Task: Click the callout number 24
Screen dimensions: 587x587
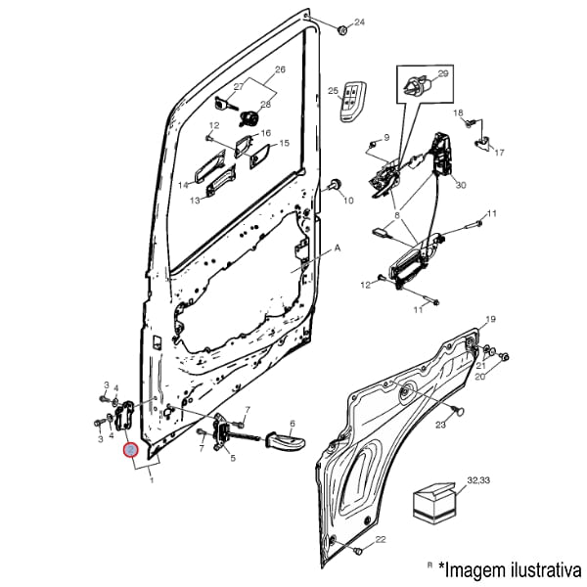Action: click(358, 22)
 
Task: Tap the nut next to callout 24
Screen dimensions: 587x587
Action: click(342, 30)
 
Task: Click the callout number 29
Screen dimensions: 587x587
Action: click(442, 74)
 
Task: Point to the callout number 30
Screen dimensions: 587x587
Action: click(461, 185)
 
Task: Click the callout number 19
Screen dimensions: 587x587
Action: click(491, 320)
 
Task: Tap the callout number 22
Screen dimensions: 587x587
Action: click(381, 539)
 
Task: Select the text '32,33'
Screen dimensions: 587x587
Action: click(478, 480)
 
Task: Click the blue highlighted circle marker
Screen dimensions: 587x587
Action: click(129, 450)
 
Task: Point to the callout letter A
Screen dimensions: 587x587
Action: click(338, 248)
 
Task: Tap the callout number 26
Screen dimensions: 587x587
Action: click(280, 70)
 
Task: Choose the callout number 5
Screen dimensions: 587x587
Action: click(232, 458)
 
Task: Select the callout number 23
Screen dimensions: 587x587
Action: click(440, 425)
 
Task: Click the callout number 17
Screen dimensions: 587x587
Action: click(499, 153)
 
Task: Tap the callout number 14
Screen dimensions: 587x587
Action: click(183, 185)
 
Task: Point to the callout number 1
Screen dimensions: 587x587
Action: click(152, 480)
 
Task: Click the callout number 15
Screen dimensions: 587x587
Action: click(285, 144)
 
